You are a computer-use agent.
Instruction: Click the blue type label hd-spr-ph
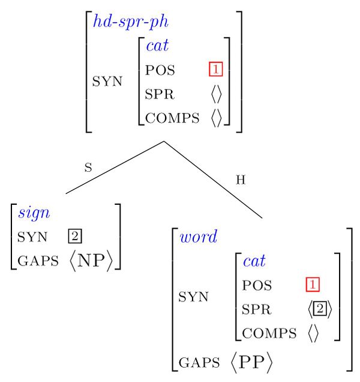(130, 22)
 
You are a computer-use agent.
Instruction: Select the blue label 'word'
(198, 235)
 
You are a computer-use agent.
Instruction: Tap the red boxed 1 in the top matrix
(215, 70)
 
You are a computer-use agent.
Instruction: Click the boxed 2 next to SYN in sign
(74, 237)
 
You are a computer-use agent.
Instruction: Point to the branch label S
(88, 168)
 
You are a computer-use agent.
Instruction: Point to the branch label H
(241, 181)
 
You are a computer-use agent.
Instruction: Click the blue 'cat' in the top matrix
(157, 46)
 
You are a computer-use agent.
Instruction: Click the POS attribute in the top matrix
(160, 70)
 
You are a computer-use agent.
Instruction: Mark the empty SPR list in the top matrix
(216, 94)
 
